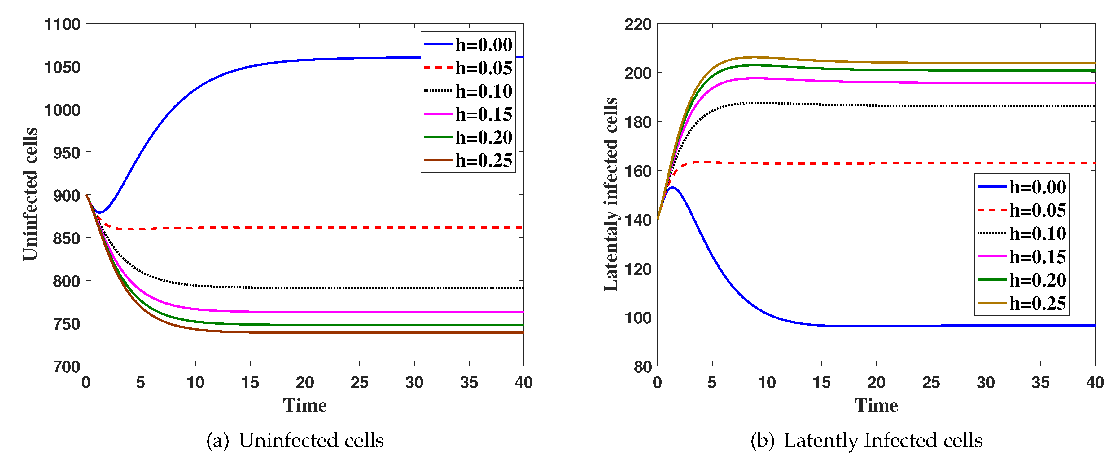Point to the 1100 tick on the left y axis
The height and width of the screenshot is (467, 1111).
coord(62,24)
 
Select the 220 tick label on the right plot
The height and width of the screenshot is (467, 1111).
coord(638,24)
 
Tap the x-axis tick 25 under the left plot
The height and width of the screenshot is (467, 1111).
coord(359,382)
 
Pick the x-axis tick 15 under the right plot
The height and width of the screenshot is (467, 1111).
coord(821,382)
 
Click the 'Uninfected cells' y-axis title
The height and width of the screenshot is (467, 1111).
coord(30,194)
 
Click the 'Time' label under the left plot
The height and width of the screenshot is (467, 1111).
coord(304,406)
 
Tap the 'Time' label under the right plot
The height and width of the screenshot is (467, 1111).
coord(876,406)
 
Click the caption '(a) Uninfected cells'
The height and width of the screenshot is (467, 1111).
coord(295,441)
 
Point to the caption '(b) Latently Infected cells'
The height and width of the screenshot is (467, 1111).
coord(866,441)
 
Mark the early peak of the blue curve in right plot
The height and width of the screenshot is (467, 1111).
coord(672,187)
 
